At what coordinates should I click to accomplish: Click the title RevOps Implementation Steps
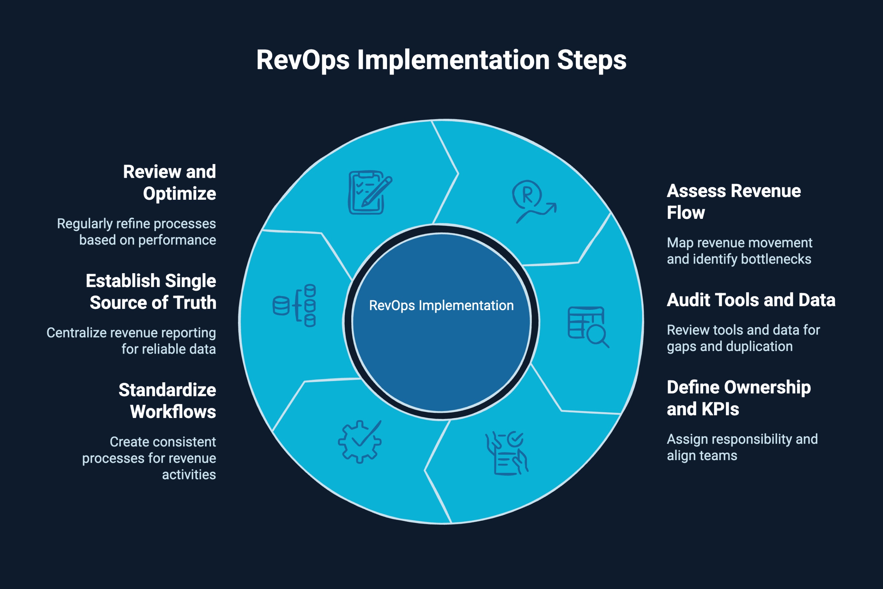(441, 60)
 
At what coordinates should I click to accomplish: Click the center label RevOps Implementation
(441, 305)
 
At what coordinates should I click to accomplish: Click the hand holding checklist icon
(507, 453)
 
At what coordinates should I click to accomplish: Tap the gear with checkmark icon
(360, 441)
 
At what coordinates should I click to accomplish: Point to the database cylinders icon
(294, 305)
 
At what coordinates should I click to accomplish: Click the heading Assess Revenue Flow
(733, 202)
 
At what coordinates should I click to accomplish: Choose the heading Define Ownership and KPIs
(738, 398)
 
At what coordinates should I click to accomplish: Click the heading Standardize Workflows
(167, 401)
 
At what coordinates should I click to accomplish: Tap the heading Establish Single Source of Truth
(151, 292)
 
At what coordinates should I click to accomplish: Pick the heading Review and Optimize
(170, 183)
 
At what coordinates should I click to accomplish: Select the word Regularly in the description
(85, 224)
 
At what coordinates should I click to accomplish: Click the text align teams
(702, 456)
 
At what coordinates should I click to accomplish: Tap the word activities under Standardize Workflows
(189, 475)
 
